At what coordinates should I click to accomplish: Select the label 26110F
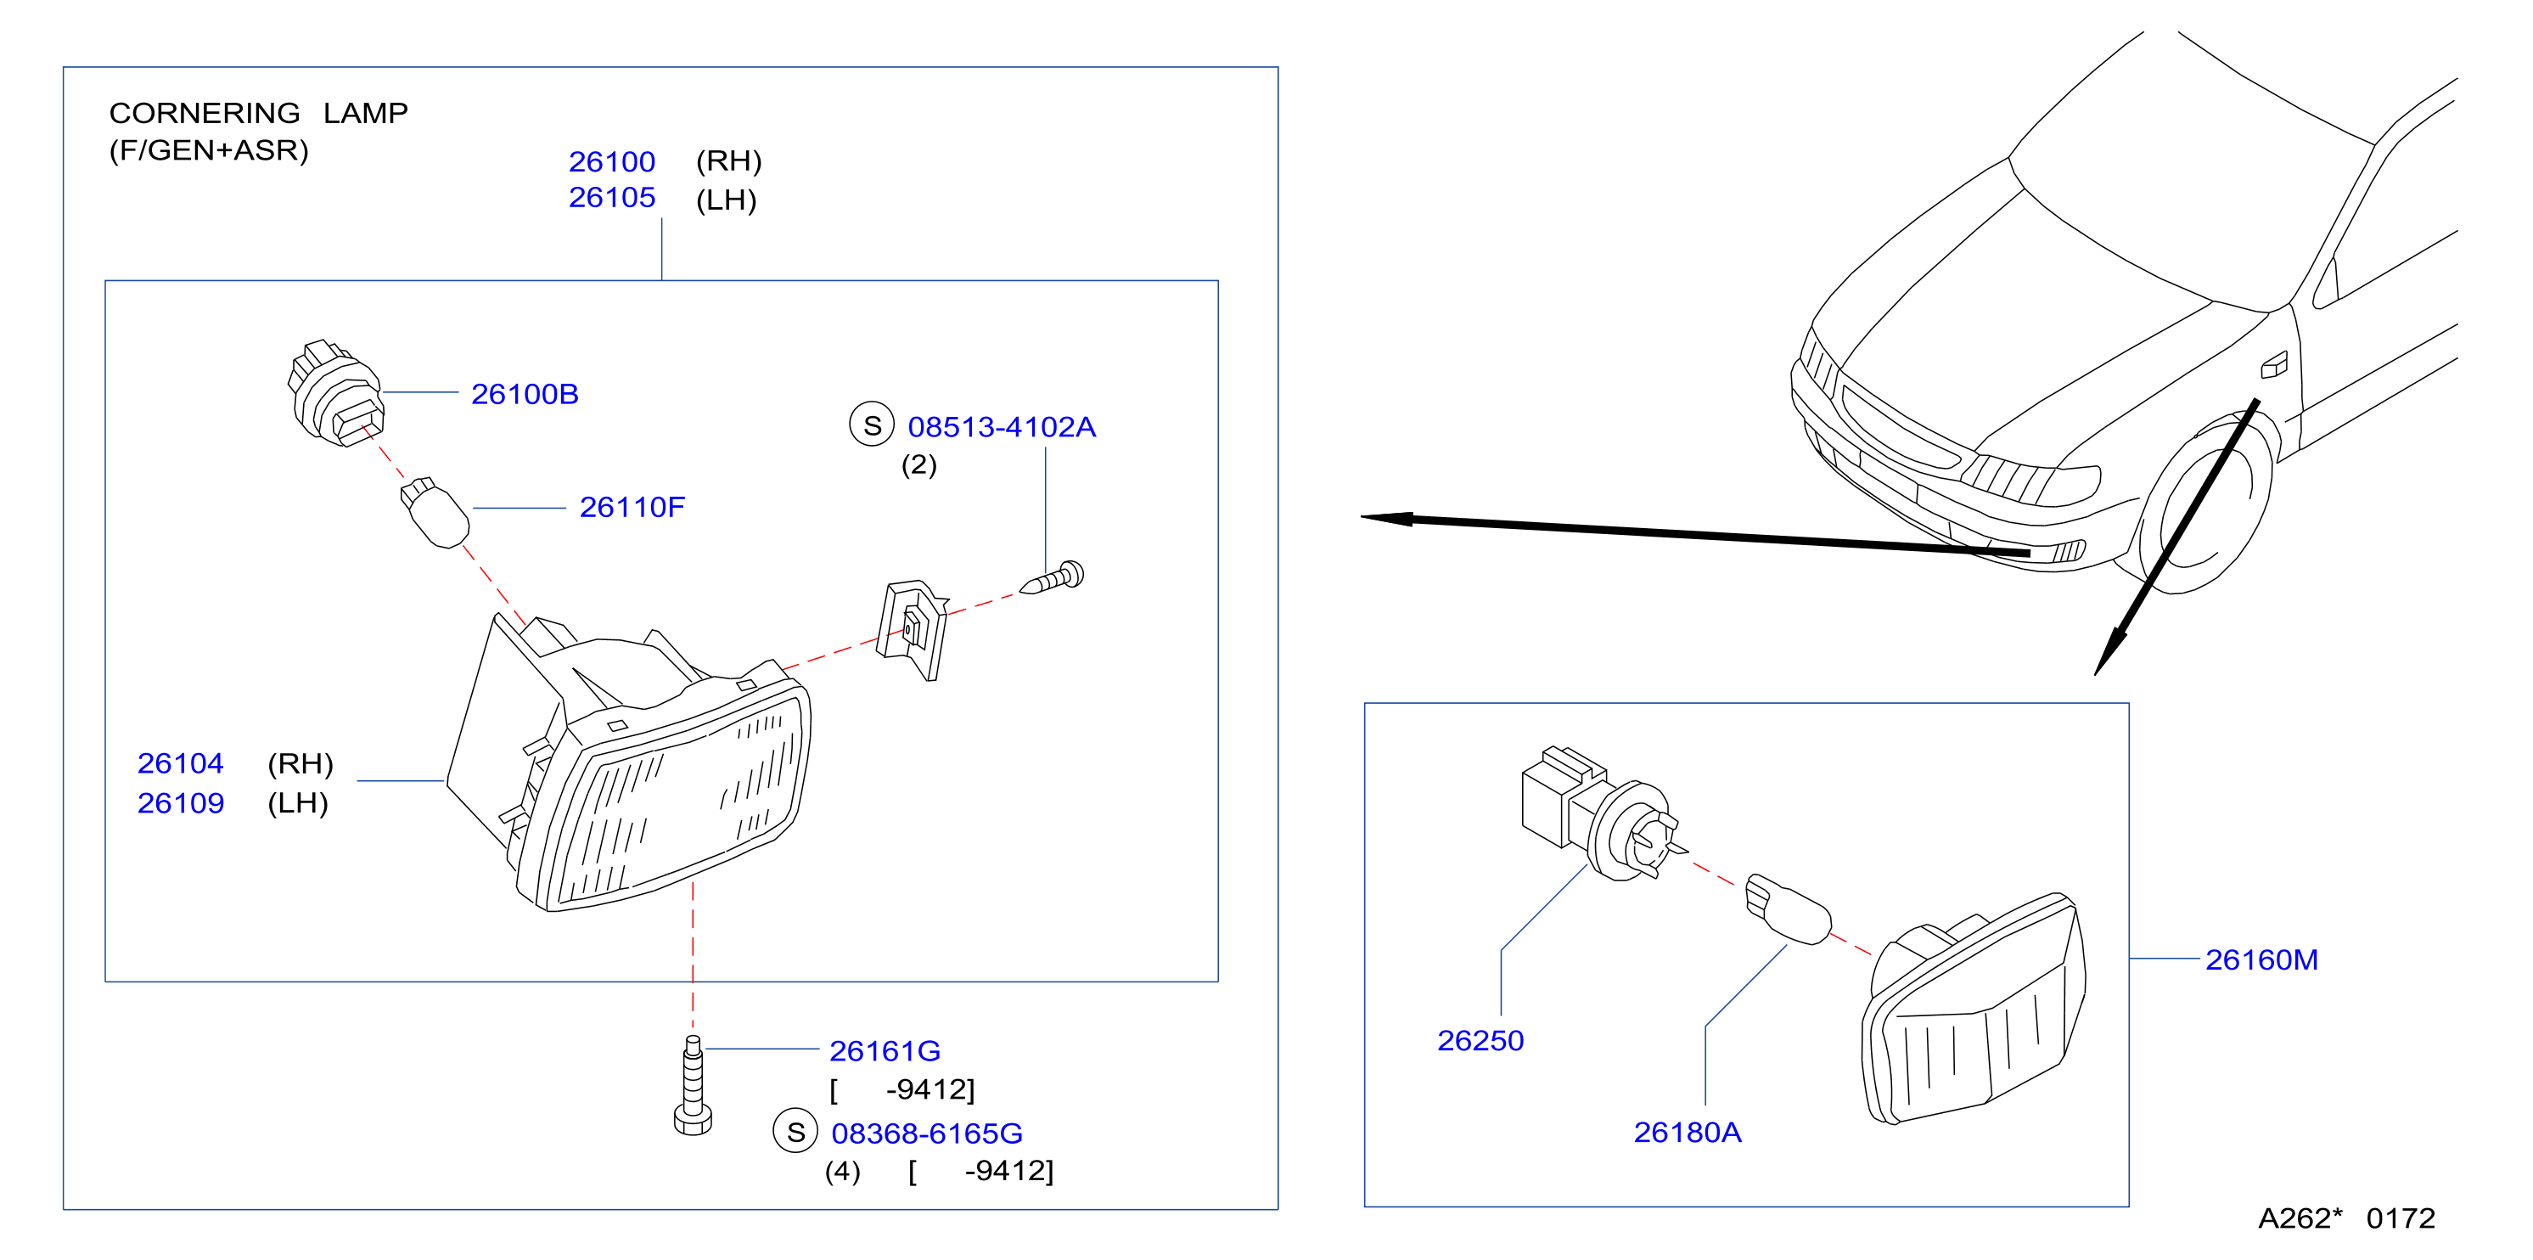[x=632, y=508]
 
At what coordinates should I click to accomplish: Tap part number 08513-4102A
[x=1001, y=427]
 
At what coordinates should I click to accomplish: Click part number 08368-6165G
[x=926, y=1134]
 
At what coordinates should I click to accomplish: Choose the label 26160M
[x=2261, y=960]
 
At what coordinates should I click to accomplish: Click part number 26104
[x=180, y=763]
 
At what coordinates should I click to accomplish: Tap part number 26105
[x=612, y=198]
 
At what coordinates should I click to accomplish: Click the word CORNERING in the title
[x=205, y=113]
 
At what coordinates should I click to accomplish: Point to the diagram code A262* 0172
[x=2346, y=1218]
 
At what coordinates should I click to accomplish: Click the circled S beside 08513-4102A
[x=872, y=425]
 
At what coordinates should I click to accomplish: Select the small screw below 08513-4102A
[x=1051, y=578]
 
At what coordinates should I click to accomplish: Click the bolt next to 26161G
[x=694, y=1086]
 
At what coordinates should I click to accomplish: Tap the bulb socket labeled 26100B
[x=334, y=395]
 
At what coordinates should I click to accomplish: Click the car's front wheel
[x=2204, y=504]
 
